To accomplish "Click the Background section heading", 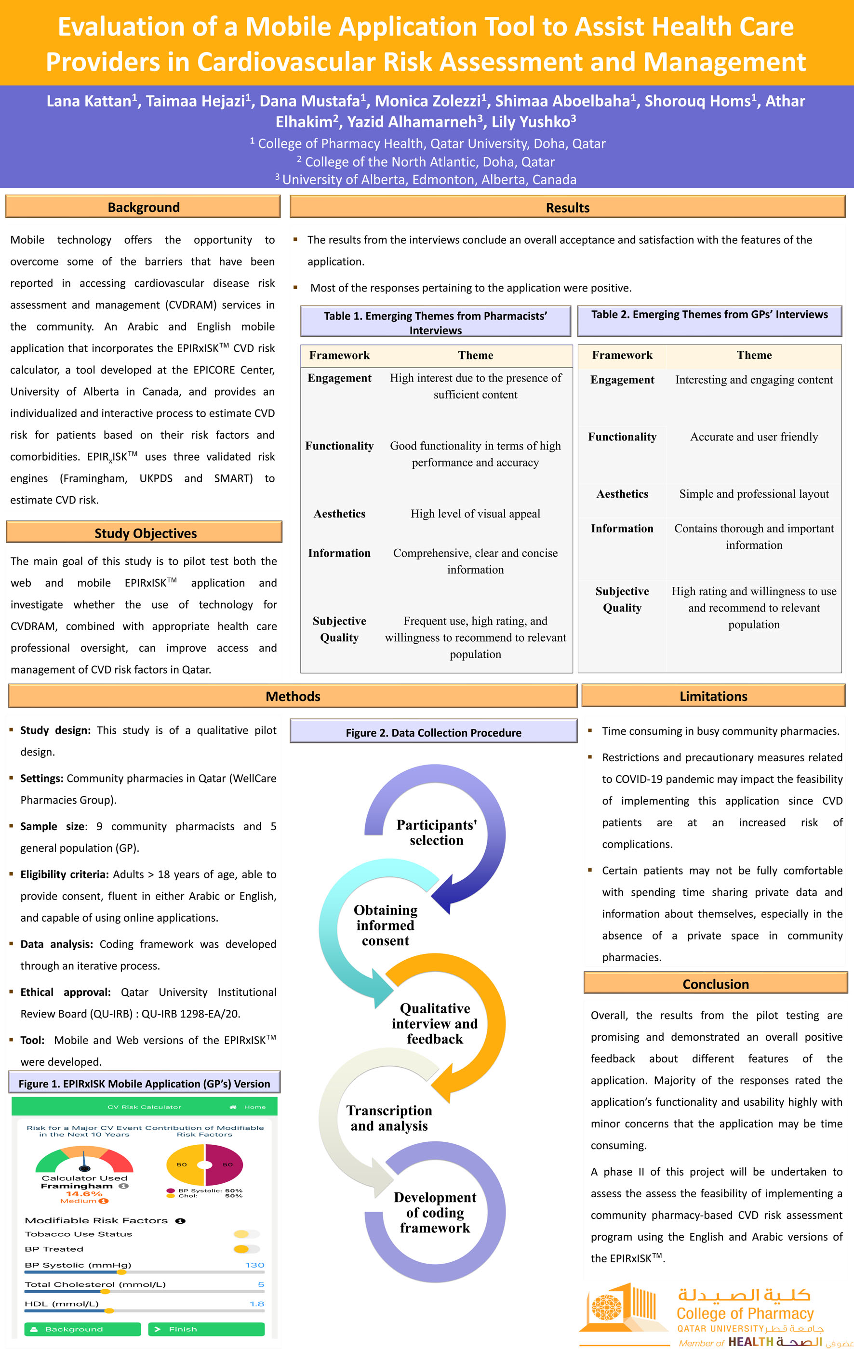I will click(x=144, y=207).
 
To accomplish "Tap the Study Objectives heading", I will click(x=145, y=533).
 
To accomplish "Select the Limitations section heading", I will click(x=713, y=696).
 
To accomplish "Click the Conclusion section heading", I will click(x=715, y=984).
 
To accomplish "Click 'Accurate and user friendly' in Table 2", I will click(x=754, y=437).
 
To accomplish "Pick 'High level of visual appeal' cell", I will click(x=475, y=514).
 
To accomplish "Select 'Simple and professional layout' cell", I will click(x=754, y=494).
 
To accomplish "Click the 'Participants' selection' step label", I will click(x=437, y=833).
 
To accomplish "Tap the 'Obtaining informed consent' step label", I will click(x=386, y=925).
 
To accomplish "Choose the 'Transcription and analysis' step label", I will click(x=389, y=1118).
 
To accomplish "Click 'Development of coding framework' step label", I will click(x=435, y=1212).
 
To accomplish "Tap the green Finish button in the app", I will click(x=206, y=1329).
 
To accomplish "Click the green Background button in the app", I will click(x=82, y=1329).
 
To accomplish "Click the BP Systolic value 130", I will click(x=254, y=1265).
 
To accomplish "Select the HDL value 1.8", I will click(x=257, y=1304).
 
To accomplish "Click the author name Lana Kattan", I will click(x=89, y=101).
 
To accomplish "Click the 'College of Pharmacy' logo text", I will click(x=745, y=1313).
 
